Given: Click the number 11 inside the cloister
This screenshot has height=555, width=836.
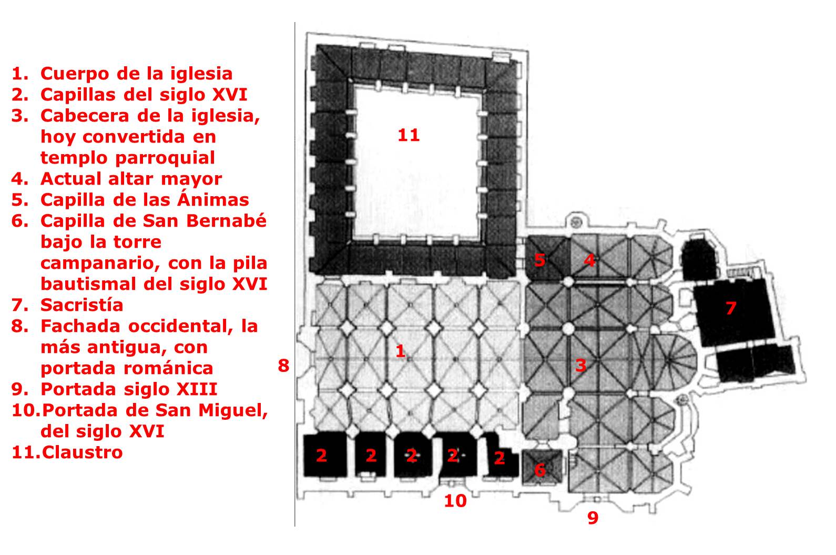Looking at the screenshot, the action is (409, 135).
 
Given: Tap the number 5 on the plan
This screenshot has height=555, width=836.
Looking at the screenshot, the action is (539, 260).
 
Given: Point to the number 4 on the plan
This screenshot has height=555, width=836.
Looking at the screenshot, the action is (590, 260).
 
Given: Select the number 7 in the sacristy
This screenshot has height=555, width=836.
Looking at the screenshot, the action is (731, 308).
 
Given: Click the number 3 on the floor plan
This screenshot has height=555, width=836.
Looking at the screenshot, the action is (580, 365).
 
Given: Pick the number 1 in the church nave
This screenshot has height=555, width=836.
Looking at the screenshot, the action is (401, 351).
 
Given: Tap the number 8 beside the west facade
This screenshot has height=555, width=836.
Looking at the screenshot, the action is (283, 366).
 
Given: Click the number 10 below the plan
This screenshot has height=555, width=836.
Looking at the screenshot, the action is (455, 501).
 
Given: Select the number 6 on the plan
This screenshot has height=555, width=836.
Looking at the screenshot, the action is (540, 470).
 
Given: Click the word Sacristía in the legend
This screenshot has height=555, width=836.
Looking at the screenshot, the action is (81, 305).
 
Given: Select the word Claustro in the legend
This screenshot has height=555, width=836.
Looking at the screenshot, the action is (82, 452).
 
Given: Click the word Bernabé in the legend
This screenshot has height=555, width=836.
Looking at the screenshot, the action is (227, 220).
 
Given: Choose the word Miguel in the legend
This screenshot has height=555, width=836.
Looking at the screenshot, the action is (233, 411).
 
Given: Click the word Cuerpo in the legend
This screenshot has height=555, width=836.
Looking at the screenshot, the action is (75, 74).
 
